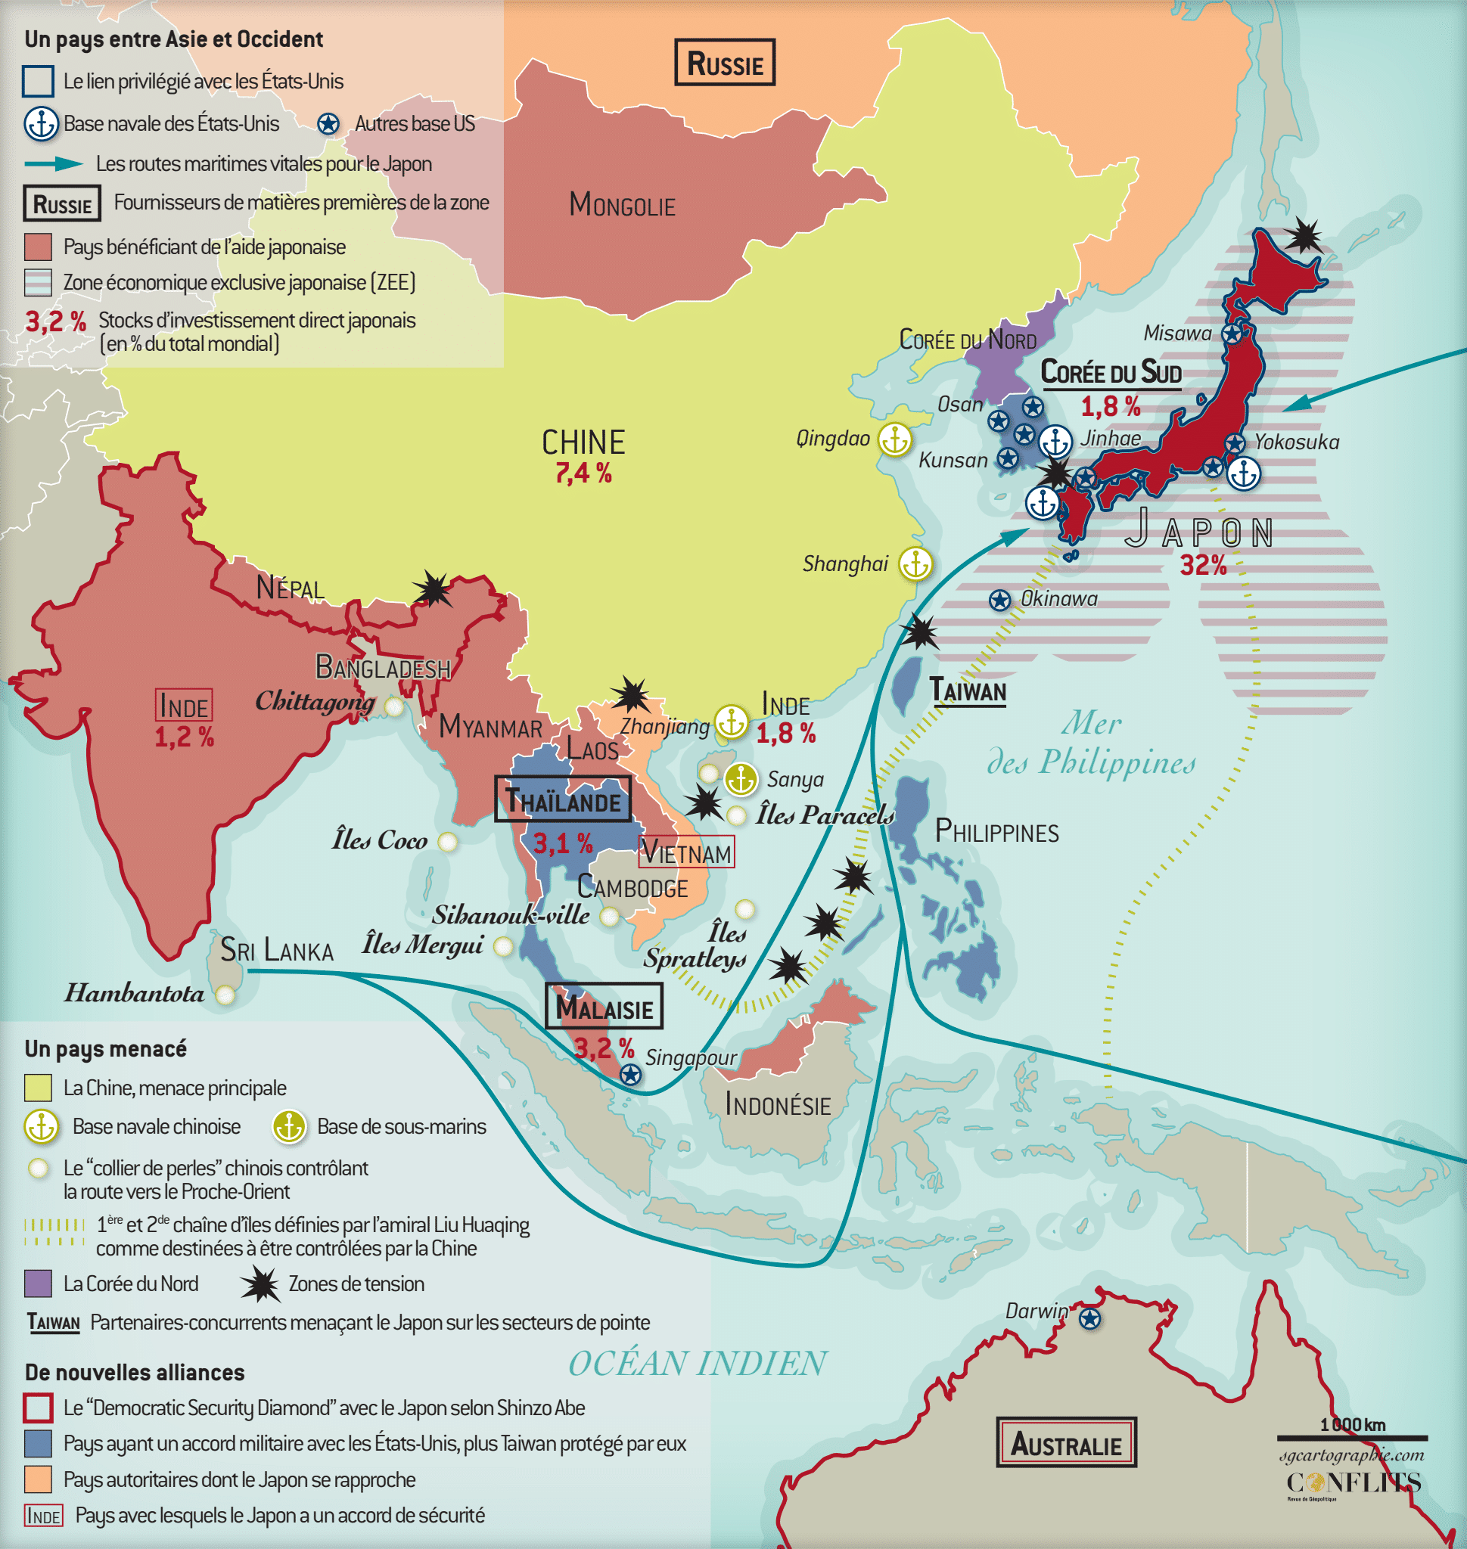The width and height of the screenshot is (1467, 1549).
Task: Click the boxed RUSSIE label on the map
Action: point(724,63)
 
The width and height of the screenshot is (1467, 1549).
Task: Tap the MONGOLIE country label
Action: point(622,205)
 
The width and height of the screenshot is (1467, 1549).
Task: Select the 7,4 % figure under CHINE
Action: point(583,473)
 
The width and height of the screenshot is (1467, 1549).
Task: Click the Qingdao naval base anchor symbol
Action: point(894,439)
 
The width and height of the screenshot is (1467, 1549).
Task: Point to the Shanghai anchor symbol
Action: point(915,563)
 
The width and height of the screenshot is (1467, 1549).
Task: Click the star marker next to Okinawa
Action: point(999,601)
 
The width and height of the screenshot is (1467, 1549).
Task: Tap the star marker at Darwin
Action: point(1089,1319)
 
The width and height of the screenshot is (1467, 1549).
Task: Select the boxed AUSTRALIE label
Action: point(1065,1442)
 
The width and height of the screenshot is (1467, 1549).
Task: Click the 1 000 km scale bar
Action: point(1352,1437)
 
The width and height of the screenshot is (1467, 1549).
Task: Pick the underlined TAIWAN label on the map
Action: point(968,691)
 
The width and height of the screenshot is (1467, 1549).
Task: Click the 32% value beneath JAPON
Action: point(1203,564)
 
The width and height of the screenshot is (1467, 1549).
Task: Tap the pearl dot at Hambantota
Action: point(225,995)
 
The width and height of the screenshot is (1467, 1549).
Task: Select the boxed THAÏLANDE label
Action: point(562,800)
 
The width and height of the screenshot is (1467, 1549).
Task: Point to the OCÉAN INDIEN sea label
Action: point(696,1364)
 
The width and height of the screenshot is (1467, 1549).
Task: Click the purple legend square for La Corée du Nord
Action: point(39,1284)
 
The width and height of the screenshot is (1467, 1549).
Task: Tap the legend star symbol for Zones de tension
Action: point(260,1284)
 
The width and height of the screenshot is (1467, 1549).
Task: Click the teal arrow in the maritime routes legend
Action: point(54,163)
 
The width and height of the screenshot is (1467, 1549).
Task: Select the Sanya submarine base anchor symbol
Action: point(740,779)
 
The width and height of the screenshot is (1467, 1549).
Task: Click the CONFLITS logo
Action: point(1353,1482)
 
